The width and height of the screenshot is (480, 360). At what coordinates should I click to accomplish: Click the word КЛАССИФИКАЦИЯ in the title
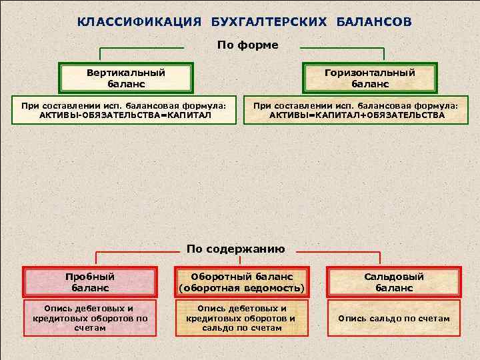pyautogui.click(x=139, y=22)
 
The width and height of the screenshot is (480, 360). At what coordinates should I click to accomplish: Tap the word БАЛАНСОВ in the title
pyautogui.click(x=373, y=22)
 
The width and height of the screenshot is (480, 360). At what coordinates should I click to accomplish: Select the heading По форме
pyautogui.click(x=247, y=45)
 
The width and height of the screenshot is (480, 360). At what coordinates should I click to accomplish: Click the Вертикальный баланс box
pyautogui.click(x=126, y=79)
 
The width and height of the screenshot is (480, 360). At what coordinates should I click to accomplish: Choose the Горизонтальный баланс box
pyautogui.click(x=370, y=79)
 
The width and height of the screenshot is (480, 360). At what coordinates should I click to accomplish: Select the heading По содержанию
pyautogui.click(x=236, y=249)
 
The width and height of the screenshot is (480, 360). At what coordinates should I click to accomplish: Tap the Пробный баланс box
pyautogui.click(x=90, y=282)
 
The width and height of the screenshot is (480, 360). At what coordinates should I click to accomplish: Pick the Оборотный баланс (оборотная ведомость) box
pyautogui.click(x=241, y=282)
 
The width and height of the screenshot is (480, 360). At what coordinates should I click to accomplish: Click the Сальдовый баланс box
pyautogui.click(x=393, y=282)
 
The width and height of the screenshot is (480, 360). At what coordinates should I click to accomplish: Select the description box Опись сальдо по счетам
pyautogui.click(x=393, y=319)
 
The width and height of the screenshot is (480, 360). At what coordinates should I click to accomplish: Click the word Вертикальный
pyautogui.click(x=126, y=73)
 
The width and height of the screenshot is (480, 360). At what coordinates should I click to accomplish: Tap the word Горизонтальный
pyautogui.click(x=370, y=73)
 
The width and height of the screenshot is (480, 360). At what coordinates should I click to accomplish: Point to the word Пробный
pyautogui.click(x=90, y=276)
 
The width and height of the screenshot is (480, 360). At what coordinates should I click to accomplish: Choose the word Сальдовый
pyautogui.click(x=393, y=276)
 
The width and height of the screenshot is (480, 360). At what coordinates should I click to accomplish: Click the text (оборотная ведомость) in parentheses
pyautogui.click(x=241, y=289)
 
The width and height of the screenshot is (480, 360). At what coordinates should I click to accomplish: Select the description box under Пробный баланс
pyautogui.click(x=90, y=318)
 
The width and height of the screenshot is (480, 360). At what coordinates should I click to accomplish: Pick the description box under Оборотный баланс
pyautogui.click(x=241, y=318)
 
